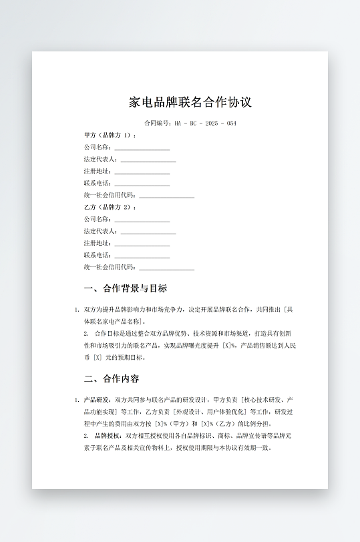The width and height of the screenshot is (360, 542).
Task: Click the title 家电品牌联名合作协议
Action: coord(190,102)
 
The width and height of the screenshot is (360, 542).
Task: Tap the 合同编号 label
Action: coord(158,123)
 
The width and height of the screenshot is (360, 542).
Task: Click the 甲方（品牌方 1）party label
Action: coord(110,135)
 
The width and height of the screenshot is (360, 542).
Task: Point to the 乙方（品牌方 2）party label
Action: coord(110,207)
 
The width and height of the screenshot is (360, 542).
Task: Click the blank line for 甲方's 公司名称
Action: coord(142,148)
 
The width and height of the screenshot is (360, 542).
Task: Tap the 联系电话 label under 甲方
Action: coord(98,183)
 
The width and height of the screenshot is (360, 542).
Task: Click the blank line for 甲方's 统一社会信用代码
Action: coord(166,196)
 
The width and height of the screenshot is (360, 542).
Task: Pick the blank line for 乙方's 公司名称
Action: coord(142,220)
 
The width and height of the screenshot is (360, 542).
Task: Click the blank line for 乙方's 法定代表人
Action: coord(148,232)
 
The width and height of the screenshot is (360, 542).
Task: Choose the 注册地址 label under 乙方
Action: coord(98,243)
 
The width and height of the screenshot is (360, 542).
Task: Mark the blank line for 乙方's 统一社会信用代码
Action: coord(166,268)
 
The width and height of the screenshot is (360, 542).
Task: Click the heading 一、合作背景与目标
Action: coord(126,288)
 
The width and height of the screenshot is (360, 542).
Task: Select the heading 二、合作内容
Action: coord(112,378)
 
